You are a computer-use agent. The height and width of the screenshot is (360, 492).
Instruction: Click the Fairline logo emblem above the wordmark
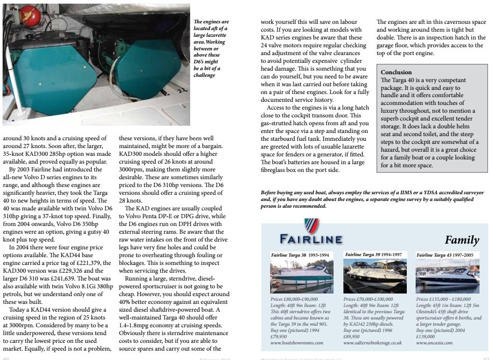coord(311,226)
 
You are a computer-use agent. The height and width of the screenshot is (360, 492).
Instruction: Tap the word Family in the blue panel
coord(462,240)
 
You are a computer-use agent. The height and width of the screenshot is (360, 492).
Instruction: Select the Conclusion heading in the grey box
coord(396,72)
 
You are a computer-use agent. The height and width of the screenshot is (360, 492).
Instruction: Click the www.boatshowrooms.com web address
coord(297,343)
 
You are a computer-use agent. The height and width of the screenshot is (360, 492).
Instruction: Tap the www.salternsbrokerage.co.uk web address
coord(373,343)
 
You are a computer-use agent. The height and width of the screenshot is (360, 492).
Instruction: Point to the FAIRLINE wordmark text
coord(310,239)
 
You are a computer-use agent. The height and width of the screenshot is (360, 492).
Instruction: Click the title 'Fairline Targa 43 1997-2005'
coord(445,256)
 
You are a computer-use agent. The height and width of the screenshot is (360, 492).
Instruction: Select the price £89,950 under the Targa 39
coord(354,337)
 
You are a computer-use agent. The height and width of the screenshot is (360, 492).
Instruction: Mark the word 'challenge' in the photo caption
coord(205,75)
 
